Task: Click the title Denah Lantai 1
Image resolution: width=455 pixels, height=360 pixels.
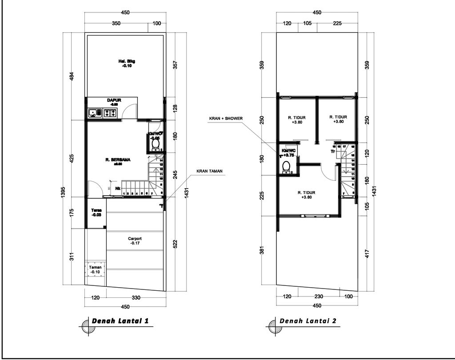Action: click(120, 321)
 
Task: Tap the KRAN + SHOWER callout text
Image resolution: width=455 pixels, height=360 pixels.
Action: click(225, 119)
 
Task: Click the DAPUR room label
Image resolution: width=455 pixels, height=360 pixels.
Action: click(114, 100)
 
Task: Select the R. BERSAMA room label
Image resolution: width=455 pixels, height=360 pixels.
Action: click(117, 160)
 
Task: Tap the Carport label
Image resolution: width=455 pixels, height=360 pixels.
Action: click(135, 238)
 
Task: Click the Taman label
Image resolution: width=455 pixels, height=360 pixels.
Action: click(96, 268)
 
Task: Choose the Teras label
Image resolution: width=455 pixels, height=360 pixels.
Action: click(96, 210)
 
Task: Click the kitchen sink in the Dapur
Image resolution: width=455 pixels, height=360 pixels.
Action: click(94, 113)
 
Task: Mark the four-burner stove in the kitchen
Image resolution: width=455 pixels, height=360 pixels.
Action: click(111, 113)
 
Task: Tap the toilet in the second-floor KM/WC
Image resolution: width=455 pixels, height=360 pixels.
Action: click(287, 166)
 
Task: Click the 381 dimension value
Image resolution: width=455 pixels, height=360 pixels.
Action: click(262, 250)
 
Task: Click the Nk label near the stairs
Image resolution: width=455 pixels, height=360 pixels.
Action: click(118, 188)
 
